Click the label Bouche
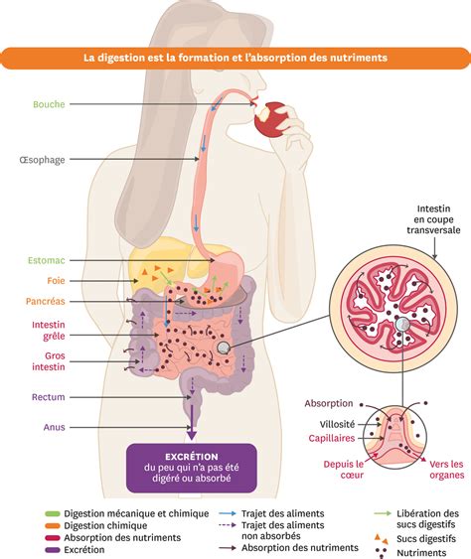(49, 104)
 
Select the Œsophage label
(42, 159)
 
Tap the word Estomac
(47, 260)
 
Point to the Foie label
(56, 281)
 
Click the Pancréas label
(46, 301)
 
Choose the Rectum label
(48, 397)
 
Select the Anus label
(55, 427)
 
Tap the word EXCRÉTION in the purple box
(191, 457)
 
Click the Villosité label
(337, 424)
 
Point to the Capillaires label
(332, 438)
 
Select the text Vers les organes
(447, 470)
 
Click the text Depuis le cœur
(344, 470)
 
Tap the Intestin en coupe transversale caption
(433, 219)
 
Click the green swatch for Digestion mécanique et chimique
(53, 513)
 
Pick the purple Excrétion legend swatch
(53, 550)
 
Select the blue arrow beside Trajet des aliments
(228, 513)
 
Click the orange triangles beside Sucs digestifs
(381, 538)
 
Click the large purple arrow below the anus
(192, 422)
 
